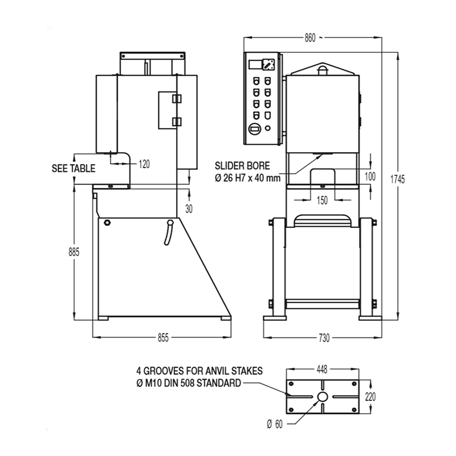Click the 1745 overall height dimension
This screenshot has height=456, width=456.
tap(397, 180)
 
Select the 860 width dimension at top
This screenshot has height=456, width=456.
tap(310, 38)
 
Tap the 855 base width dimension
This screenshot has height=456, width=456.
tap(163, 337)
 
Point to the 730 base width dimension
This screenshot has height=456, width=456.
tap(324, 337)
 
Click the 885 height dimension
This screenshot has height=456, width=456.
tap(74, 252)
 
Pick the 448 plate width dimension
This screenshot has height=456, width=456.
tap(322, 369)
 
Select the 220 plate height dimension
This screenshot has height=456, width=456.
tap(370, 397)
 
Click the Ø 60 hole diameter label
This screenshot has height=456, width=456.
tap(275, 424)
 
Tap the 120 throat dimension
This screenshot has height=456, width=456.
tap(144, 164)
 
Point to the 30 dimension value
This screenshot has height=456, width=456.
tap(189, 209)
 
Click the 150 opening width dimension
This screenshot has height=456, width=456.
tap(322, 201)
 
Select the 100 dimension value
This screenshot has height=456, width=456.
tap(370, 177)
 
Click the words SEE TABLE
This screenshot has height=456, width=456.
tap(74, 168)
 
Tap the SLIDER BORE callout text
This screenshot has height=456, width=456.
tap(242, 166)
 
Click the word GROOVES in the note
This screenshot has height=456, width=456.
tap(164, 371)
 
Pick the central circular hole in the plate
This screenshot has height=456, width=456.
tap(323, 397)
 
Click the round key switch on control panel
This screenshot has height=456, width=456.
tap(255, 129)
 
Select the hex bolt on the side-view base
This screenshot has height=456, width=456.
tap(107, 223)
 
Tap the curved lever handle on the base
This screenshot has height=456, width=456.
tap(169, 233)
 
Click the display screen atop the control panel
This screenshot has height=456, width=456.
tap(255, 64)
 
